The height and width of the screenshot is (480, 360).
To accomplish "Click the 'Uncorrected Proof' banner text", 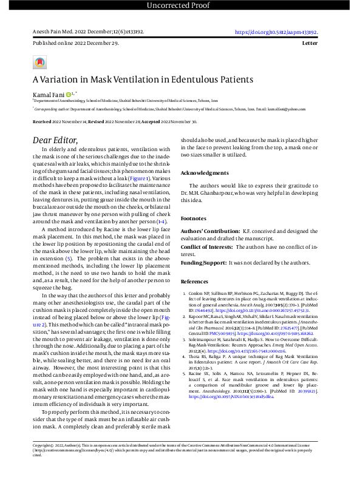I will (180, 6).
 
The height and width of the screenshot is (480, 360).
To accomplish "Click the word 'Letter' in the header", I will (319, 45).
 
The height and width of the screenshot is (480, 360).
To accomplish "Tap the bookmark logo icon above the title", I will (39, 63).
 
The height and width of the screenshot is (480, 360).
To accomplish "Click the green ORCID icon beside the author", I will (69, 95).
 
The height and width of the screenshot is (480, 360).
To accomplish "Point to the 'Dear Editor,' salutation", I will (55, 140).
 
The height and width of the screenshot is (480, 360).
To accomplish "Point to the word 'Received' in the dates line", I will (42, 121).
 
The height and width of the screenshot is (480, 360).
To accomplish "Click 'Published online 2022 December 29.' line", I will (67, 45).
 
